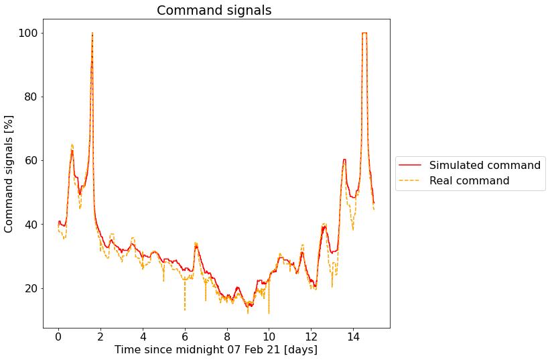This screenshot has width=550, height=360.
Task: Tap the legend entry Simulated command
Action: (x=484, y=165)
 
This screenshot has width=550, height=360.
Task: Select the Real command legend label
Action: (x=469, y=180)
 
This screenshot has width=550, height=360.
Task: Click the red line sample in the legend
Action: (x=410, y=165)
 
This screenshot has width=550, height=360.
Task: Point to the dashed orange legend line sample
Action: (x=410, y=181)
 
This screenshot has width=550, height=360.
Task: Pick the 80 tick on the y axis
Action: (x=30, y=97)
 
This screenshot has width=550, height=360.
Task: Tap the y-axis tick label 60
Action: (x=30, y=160)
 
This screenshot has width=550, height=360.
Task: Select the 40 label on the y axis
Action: (x=30, y=225)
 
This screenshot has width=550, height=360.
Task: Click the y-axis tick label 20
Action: (x=30, y=288)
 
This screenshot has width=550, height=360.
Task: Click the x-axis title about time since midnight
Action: (x=216, y=350)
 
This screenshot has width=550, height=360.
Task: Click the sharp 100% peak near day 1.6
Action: (x=92, y=34)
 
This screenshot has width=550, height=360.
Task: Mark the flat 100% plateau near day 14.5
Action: (x=364, y=33)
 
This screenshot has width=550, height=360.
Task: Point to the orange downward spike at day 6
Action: (x=185, y=308)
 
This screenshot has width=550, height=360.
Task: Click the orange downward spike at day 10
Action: (x=269, y=312)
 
